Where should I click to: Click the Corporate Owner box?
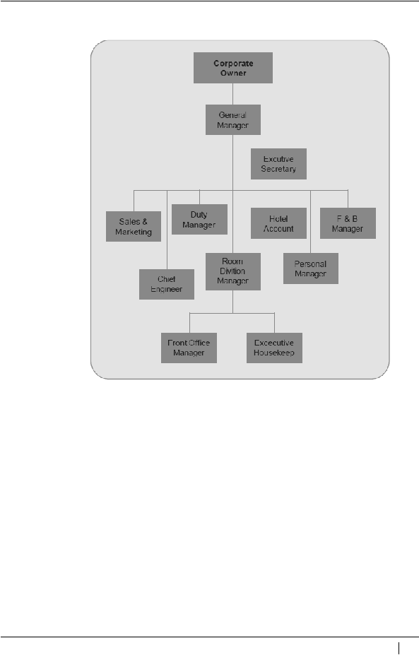[233, 68]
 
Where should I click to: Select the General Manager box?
[233, 120]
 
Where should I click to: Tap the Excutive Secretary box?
[278, 164]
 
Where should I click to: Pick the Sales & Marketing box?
[134, 226]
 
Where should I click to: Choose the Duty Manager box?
[200, 219]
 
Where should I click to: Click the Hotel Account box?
[278, 223]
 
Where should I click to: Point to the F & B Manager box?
[348, 223]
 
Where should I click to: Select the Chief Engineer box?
[167, 284]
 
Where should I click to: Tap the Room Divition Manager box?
[233, 271]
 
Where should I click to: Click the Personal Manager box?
[311, 269]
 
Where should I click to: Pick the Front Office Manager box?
[189, 348]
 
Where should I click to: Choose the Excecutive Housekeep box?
[274, 348]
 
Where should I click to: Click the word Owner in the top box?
[233, 73]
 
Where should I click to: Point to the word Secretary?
[278, 169]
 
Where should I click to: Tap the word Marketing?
[134, 232]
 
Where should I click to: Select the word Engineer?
[167, 289]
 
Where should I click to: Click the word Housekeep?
[274, 353]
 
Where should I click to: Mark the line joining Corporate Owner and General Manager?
[232, 94]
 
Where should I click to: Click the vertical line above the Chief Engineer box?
[167, 230]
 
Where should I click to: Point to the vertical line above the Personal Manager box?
[310, 222]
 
